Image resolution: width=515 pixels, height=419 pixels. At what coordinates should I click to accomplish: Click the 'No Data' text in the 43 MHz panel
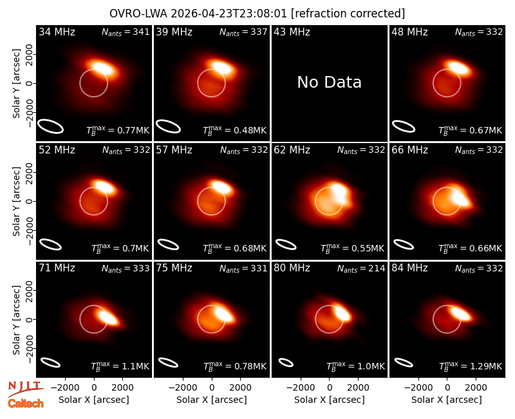pos(329,83)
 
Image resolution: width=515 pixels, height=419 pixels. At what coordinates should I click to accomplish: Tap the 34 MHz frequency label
pos(57,32)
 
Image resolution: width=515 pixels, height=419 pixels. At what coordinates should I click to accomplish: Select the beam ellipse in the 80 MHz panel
pos(286,362)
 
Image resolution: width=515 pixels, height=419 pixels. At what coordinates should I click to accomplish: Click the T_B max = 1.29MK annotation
pos(471,366)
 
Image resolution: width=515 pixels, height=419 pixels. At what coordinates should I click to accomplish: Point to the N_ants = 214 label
pos(361,269)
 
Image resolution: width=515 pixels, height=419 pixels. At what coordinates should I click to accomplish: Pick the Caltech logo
pos(26,404)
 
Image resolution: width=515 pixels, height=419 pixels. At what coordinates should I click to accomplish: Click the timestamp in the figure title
pos(229,14)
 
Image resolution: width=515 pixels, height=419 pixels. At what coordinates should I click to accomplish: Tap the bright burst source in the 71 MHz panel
pos(108,317)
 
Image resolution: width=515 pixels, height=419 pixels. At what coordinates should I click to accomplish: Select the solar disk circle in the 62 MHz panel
pos(329,187)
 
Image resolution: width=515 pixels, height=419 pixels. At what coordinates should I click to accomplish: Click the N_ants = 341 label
pos(126,32)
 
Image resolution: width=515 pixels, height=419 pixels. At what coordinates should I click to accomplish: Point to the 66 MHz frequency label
pos(409,150)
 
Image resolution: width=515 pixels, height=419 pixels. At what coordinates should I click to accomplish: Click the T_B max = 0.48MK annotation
pos(234,130)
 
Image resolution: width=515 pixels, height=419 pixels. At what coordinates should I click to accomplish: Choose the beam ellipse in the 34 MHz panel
pos(50,126)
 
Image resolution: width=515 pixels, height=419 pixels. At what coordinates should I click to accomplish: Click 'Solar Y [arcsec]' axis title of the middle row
pos(16,201)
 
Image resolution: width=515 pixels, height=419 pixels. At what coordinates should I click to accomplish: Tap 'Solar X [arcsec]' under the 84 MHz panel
pos(446,400)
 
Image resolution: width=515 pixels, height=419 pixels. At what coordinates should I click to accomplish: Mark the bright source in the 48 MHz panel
pos(458,68)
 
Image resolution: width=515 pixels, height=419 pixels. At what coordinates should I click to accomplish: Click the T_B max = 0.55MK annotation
pos(352,248)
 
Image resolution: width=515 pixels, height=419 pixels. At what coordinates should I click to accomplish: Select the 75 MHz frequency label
pos(174,268)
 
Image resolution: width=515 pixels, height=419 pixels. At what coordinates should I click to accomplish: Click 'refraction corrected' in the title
pos(348,14)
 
